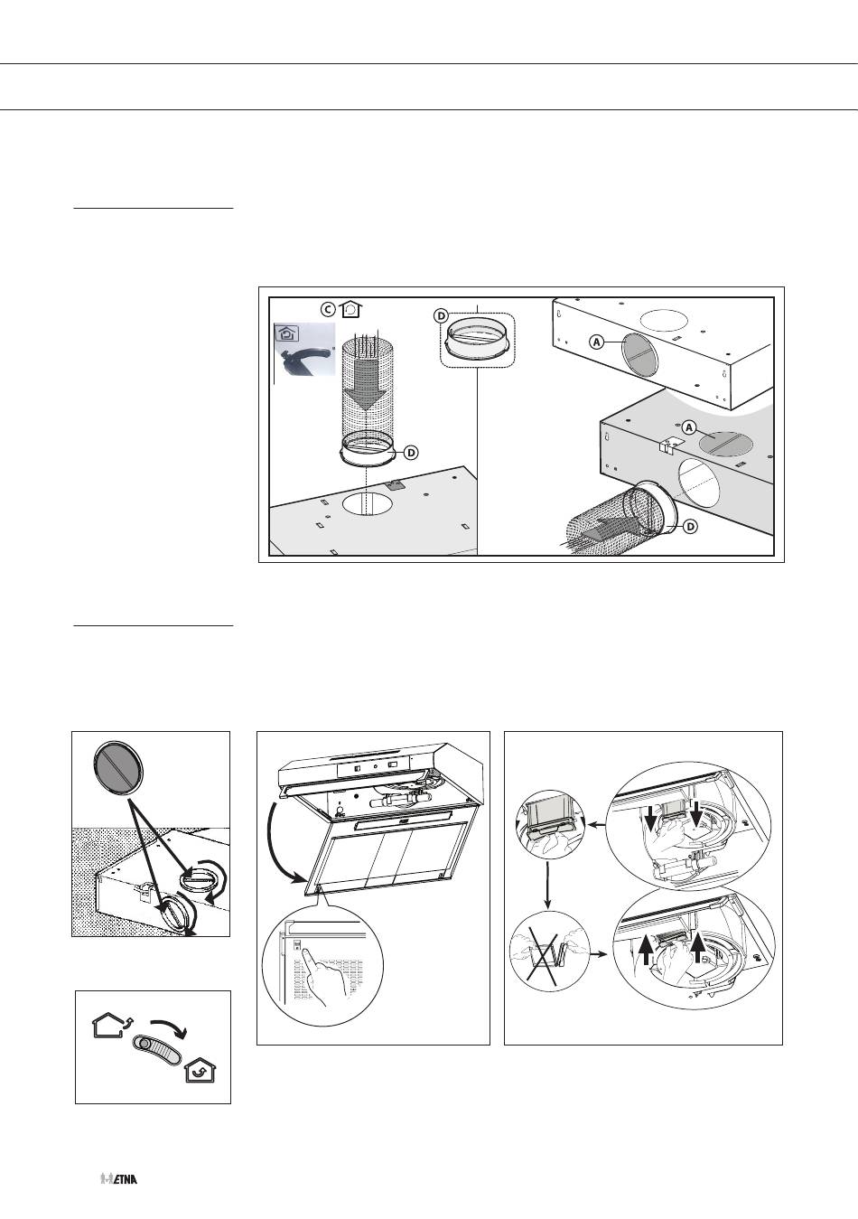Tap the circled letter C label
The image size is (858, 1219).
(x=330, y=308)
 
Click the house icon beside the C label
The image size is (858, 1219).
(x=352, y=308)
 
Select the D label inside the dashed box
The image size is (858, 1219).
(x=441, y=315)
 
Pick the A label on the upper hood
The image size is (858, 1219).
(x=597, y=342)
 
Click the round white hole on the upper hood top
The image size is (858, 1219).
(x=664, y=322)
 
